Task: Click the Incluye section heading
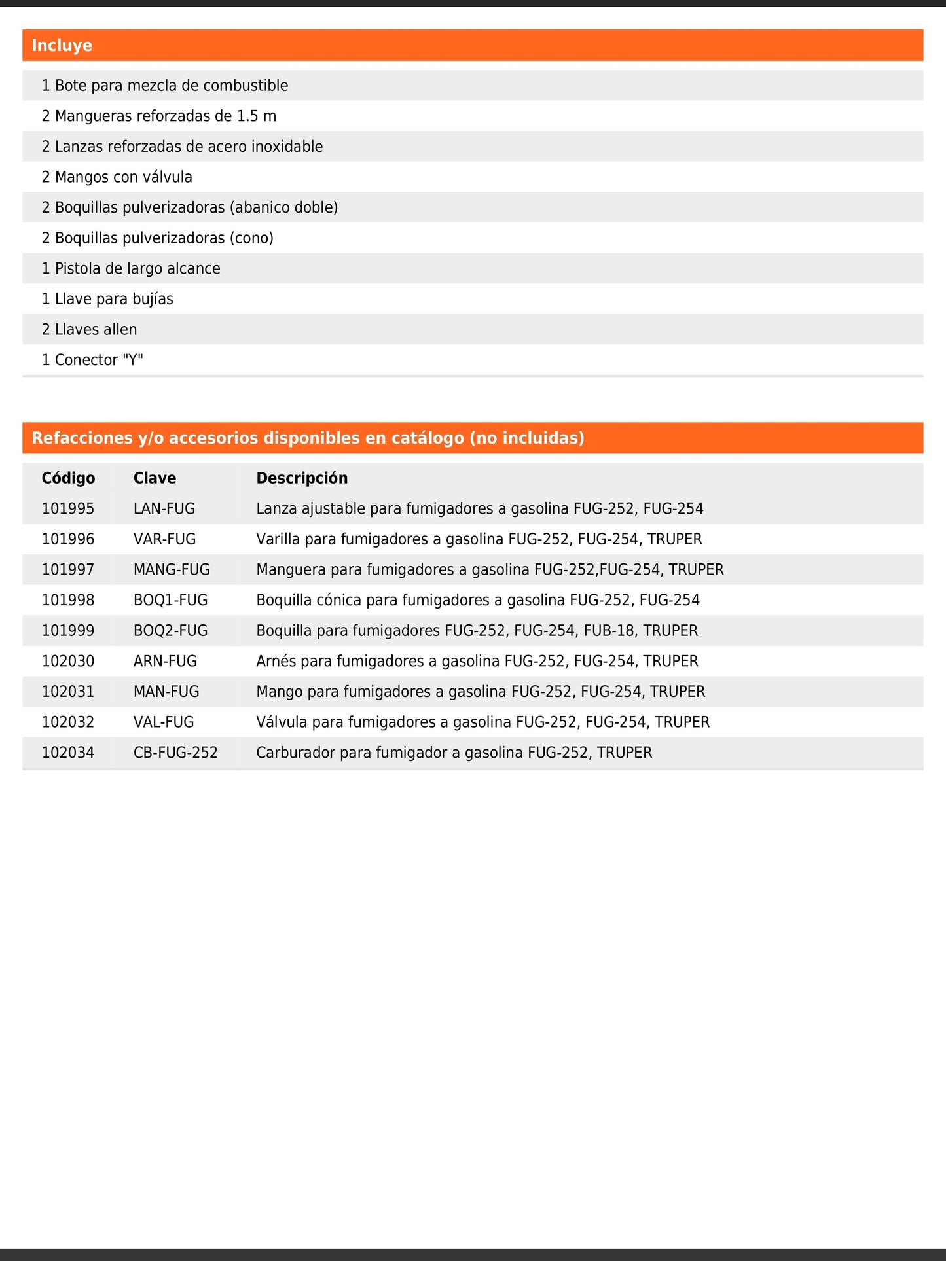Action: coord(62,46)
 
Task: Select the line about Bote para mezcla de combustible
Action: coord(165,86)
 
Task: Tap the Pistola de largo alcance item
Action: coord(131,269)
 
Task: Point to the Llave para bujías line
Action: coord(107,299)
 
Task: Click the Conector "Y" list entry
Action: coord(92,360)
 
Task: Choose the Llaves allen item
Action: coord(90,330)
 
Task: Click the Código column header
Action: coord(68,478)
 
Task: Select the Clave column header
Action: coord(155,478)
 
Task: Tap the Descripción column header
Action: coord(302,478)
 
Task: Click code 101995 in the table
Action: coord(68,509)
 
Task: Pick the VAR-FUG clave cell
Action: coord(164,539)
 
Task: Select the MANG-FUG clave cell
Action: coord(172,570)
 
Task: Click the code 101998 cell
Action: coord(68,600)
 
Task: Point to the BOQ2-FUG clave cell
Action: coord(170,631)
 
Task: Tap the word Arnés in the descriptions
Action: coord(276,662)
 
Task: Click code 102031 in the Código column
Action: coord(68,692)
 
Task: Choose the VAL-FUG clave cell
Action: coord(164,722)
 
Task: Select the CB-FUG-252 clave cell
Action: coord(175,753)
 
